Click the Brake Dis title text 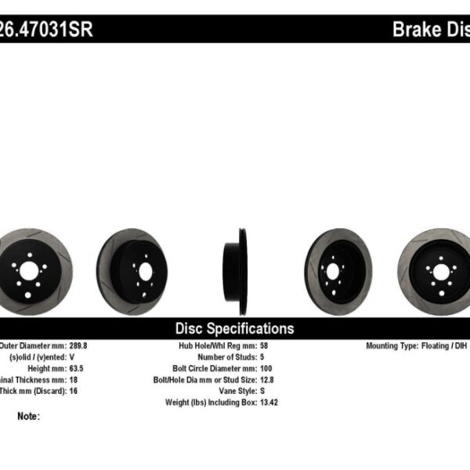(x=430, y=30)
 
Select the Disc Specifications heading (x=234, y=329)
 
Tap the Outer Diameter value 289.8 (x=78, y=345)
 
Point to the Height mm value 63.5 (x=75, y=367)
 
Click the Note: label (x=27, y=416)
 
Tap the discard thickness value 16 (x=72, y=389)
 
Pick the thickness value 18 (x=72, y=378)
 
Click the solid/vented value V (x=70, y=356)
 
